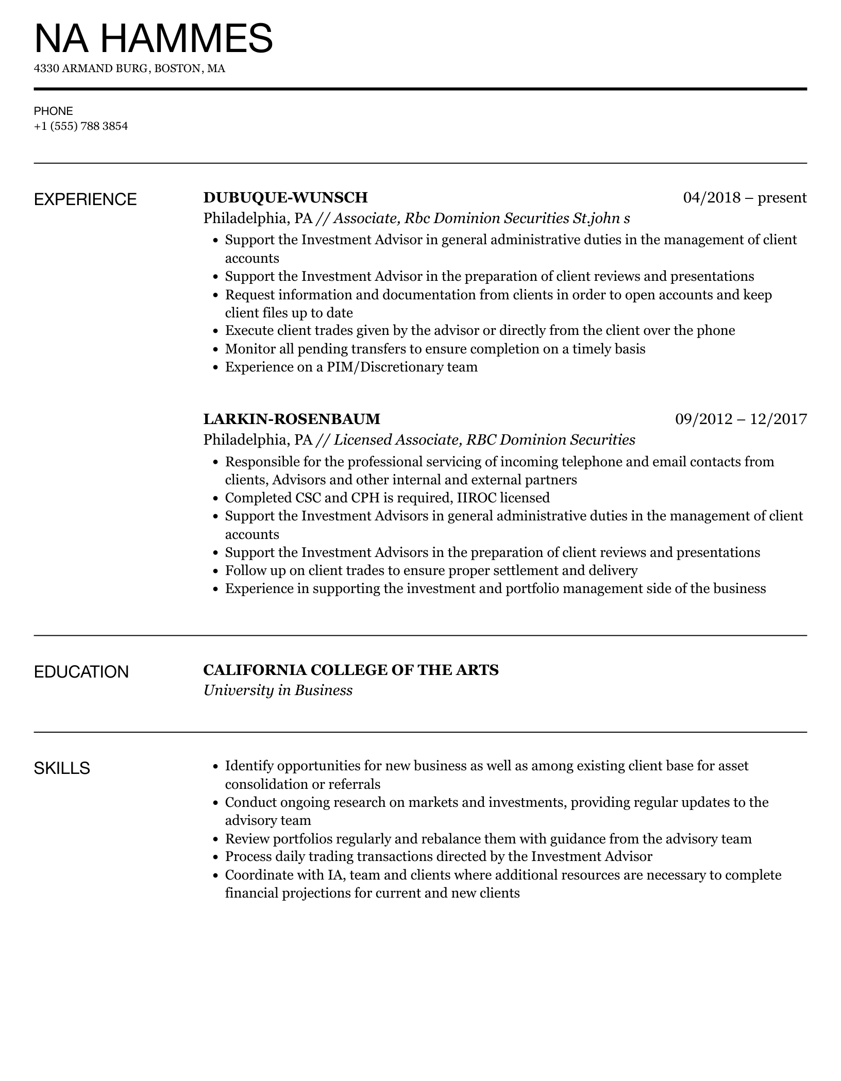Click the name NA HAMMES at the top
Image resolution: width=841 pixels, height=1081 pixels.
[x=153, y=38]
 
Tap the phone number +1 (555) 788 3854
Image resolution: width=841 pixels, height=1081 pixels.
[x=81, y=126]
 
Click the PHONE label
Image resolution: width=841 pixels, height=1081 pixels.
[x=54, y=111]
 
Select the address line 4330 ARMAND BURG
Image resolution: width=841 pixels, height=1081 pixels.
[x=129, y=69]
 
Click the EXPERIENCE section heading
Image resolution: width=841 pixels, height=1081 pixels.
[x=86, y=199]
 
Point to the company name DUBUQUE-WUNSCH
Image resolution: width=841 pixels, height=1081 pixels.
[x=285, y=197]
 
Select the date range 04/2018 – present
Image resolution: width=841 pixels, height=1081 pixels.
[x=745, y=197]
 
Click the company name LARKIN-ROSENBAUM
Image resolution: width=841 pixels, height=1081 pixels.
[x=292, y=419]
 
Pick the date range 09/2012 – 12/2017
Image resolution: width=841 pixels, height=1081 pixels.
[x=741, y=419]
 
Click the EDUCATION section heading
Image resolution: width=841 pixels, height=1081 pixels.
[x=81, y=672]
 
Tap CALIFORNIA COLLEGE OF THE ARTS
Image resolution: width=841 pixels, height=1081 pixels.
[x=351, y=670]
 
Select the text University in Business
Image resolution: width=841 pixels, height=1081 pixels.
[x=278, y=690]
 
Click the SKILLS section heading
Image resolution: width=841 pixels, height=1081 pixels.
[x=62, y=768]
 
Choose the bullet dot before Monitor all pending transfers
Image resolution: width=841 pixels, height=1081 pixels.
[x=216, y=349]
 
